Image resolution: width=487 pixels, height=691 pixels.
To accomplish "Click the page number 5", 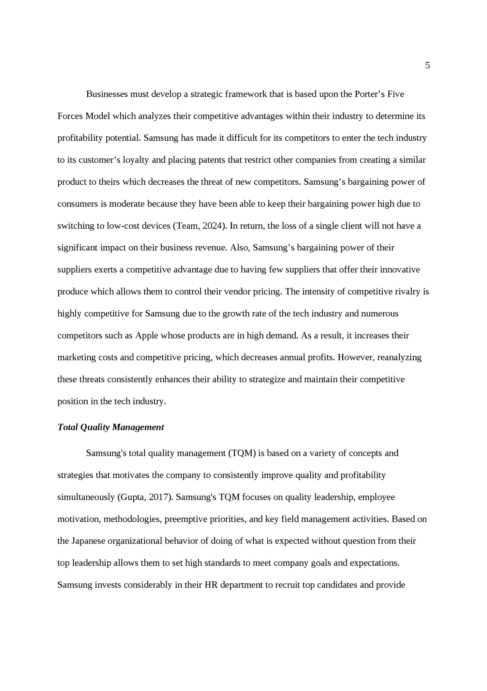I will [427, 66].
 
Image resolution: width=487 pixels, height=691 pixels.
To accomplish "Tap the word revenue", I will [211, 247].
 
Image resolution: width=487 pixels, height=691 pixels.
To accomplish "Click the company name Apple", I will [147, 336].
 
